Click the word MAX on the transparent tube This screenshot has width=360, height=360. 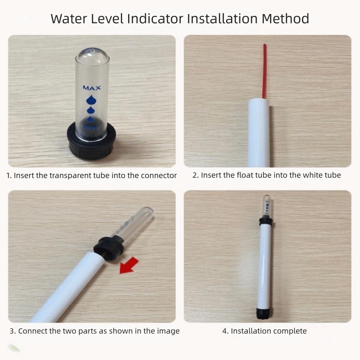92,88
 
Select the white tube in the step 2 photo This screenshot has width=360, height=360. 259,133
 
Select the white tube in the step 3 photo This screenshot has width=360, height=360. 68,288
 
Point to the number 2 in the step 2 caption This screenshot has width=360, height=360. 194,175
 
